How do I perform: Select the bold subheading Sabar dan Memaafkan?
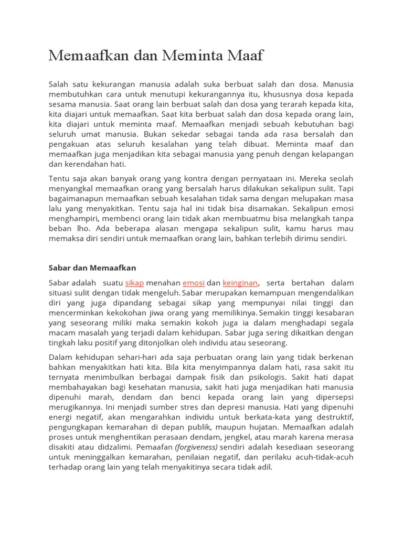92,268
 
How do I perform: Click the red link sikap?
134,283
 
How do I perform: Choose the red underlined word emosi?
193,283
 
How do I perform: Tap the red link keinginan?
240,283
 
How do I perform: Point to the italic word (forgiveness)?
196,447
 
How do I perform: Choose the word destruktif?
332,417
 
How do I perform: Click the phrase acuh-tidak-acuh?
323,457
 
